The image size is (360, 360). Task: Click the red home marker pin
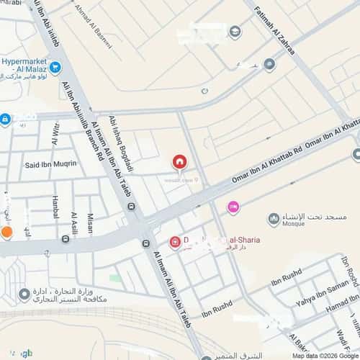pyautogui.click(x=179, y=162)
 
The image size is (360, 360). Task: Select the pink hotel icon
pyautogui.click(x=233, y=207)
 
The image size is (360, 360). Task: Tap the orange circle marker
pyautogui.click(x=6, y=232)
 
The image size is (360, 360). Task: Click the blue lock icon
pyautogui.click(x=5, y=120)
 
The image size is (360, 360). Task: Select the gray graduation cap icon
pyautogui.click(x=235, y=31)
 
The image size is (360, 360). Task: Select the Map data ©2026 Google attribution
pyautogui.click(x=324, y=356)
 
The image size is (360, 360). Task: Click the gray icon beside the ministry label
pyautogui.click(x=25, y=294)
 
